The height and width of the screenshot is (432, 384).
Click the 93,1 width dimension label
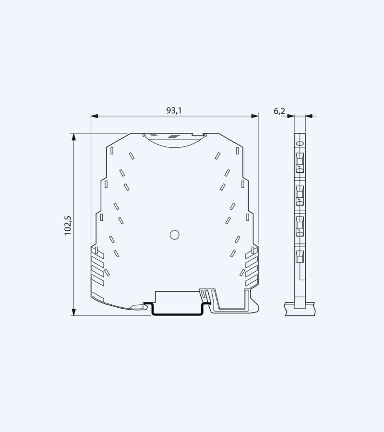pyautogui.click(x=174, y=110)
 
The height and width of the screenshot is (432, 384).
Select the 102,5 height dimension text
pyautogui.click(x=68, y=225)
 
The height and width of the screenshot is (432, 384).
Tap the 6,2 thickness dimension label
pyautogui.click(x=279, y=111)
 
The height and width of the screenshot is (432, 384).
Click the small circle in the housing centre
pyautogui.click(x=175, y=234)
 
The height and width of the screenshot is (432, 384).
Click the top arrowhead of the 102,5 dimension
pyautogui.click(x=74, y=137)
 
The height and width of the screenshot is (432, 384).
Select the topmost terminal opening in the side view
pyautogui.click(x=300, y=162)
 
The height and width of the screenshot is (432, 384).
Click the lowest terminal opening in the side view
pyautogui.click(x=300, y=256)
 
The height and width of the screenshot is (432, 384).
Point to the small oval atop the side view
pyautogui.click(x=300, y=143)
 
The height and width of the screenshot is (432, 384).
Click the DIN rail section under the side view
pyautogui.click(x=300, y=308)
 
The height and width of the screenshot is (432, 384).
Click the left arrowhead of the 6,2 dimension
pyautogui.click(x=291, y=116)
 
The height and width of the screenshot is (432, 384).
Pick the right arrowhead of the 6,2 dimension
pyautogui.click(x=309, y=116)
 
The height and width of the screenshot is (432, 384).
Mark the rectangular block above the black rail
pyautogui.click(x=177, y=297)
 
